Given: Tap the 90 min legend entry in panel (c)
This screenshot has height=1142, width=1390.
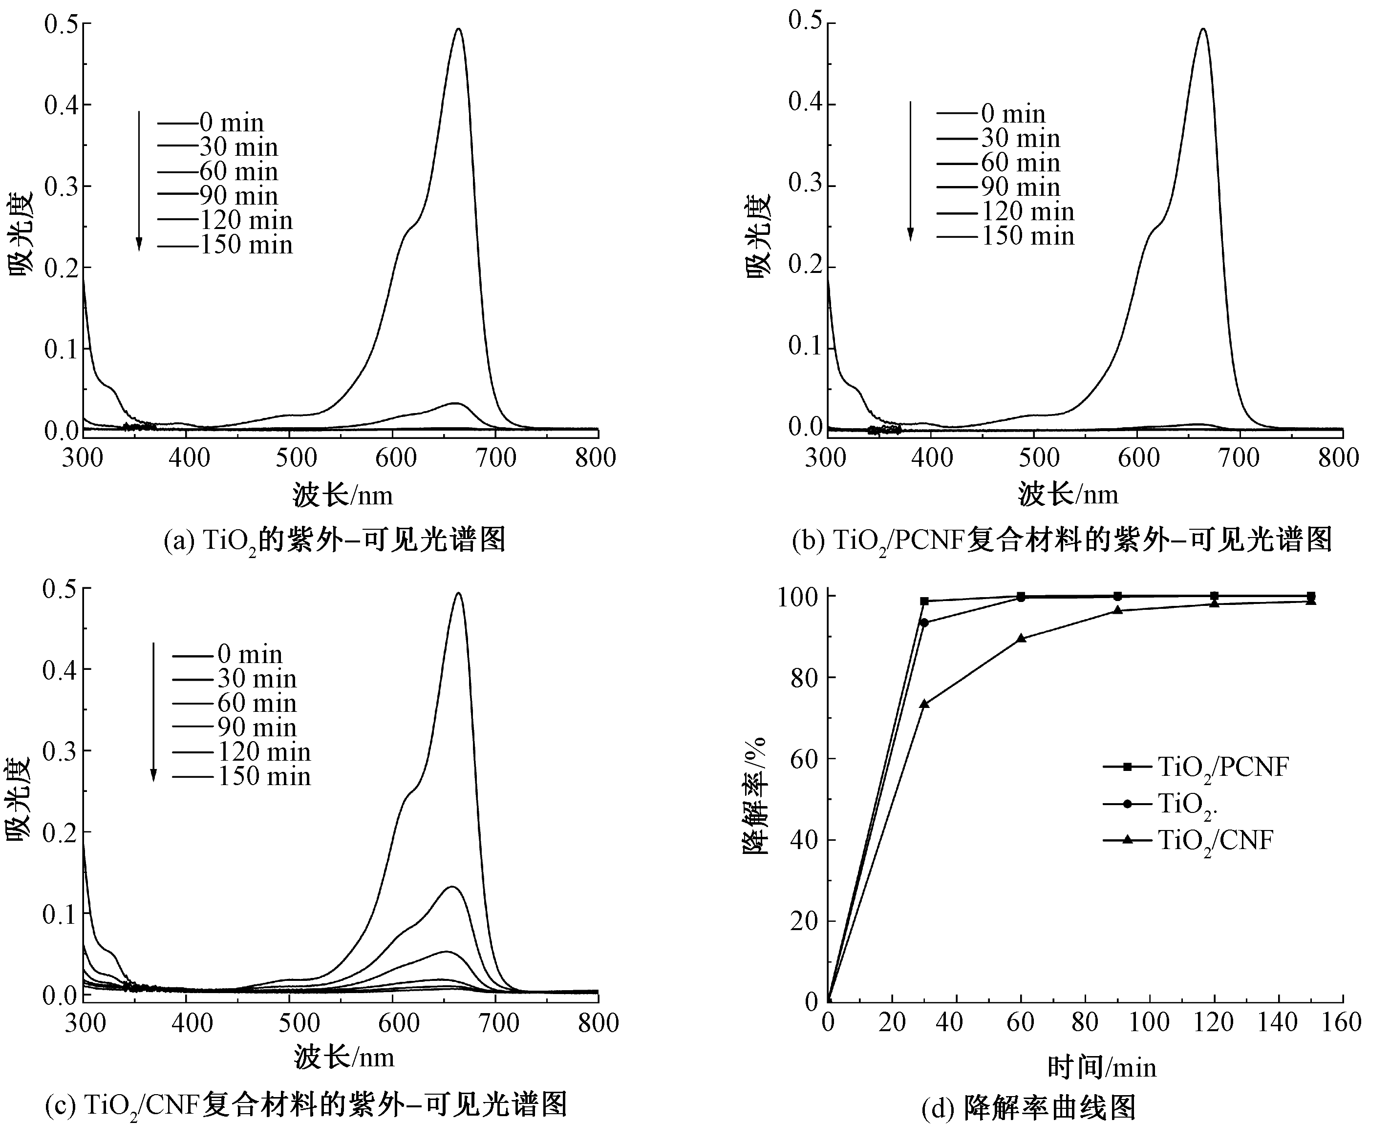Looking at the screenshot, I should pyautogui.click(x=235, y=727).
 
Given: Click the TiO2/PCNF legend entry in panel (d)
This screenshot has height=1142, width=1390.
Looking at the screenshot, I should pyautogui.click(x=1195, y=767).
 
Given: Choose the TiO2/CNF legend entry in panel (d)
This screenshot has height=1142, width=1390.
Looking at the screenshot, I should pyautogui.click(x=1188, y=841).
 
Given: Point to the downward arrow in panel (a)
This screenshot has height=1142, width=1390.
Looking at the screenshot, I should pyautogui.click(x=139, y=181).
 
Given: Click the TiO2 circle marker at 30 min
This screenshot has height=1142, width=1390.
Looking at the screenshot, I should pyautogui.click(x=924, y=623).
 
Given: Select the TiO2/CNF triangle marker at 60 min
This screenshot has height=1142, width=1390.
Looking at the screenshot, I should pyautogui.click(x=1021, y=638).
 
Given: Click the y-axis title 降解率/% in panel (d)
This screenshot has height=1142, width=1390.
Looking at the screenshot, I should pyautogui.click(x=755, y=795).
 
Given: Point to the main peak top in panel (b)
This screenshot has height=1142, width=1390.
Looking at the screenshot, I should pyautogui.click(x=1203, y=29).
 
